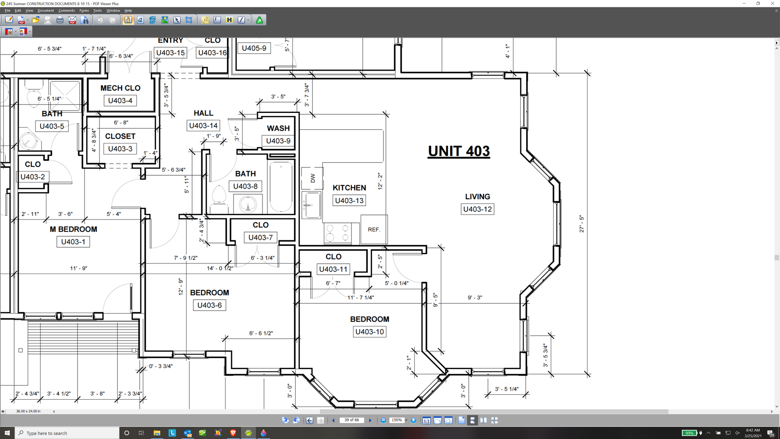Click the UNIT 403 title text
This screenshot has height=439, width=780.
pyautogui.click(x=459, y=151)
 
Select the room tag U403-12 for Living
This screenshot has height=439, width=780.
pyautogui.click(x=477, y=209)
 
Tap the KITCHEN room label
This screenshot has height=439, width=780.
pyautogui.click(x=349, y=188)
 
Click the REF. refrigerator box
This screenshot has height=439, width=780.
pyautogui.click(x=374, y=230)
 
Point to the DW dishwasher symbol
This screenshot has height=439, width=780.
pyautogui.click(x=312, y=178)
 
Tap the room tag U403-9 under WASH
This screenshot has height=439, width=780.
pyautogui.click(x=278, y=141)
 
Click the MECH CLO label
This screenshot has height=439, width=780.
pyautogui.click(x=120, y=88)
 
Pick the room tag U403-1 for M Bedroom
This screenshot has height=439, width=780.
pyautogui.click(x=73, y=242)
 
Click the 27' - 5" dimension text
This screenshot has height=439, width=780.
pyautogui.click(x=582, y=224)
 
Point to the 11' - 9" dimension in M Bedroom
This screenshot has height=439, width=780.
pyautogui.click(x=79, y=268)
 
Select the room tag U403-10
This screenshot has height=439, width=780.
pyautogui.click(x=369, y=332)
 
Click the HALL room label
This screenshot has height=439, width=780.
pyautogui.click(x=203, y=113)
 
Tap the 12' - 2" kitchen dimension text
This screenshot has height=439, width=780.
pyautogui.click(x=380, y=181)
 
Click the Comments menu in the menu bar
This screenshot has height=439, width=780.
pyautogui.click(x=67, y=11)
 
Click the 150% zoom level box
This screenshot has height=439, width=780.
pyautogui.click(x=396, y=420)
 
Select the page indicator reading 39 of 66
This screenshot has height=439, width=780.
pyautogui.click(x=352, y=420)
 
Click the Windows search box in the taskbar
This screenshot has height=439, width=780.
pyautogui.click(x=67, y=433)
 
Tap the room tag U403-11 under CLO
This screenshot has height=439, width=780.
pyautogui.click(x=333, y=269)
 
